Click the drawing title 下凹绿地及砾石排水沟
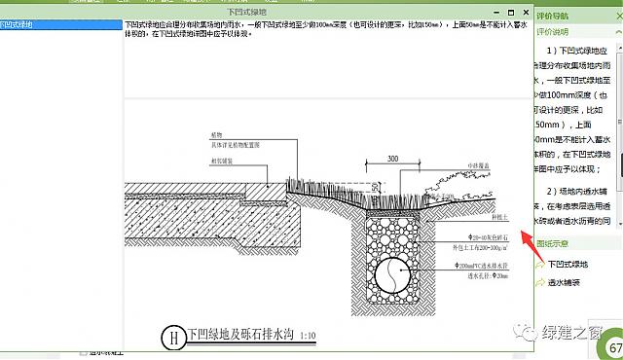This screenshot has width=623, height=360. [240, 337]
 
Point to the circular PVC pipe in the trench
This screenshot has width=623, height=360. [388, 274]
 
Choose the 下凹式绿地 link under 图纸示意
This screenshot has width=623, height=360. [570, 264]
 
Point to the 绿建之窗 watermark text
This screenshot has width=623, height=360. [573, 333]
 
